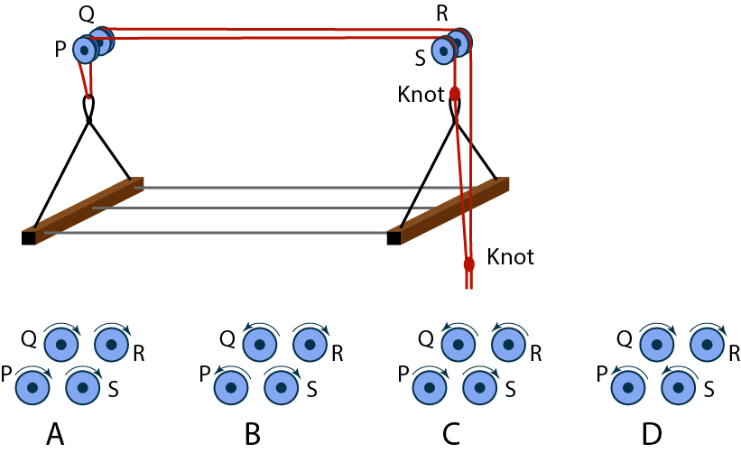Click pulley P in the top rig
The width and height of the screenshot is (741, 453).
(x=85, y=51)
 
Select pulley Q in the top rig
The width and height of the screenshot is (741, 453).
(x=101, y=41)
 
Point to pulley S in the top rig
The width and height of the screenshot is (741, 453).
(x=443, y=51)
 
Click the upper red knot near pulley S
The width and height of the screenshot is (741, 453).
(x=455, y=93)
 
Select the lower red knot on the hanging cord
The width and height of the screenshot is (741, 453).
(x=468, y=264)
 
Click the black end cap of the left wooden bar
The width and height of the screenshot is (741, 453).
(x=28, y=238)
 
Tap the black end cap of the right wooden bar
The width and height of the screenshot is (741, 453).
(x=394, y=238)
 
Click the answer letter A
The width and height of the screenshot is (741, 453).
(x=55, y=435)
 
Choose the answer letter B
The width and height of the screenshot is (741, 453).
(x=253, y=435)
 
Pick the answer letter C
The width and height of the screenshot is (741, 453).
(x=452, y=435)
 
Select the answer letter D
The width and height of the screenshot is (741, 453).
(x=652, y=435)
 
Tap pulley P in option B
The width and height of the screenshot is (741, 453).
(x=231, y=387)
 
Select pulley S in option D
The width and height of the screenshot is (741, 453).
(x=679, y=387)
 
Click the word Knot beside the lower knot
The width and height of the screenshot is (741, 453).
(x=511, y=257)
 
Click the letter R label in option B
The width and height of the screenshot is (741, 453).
(x=336, y=353)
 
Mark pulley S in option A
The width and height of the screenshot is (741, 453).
(x=84, y=387)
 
